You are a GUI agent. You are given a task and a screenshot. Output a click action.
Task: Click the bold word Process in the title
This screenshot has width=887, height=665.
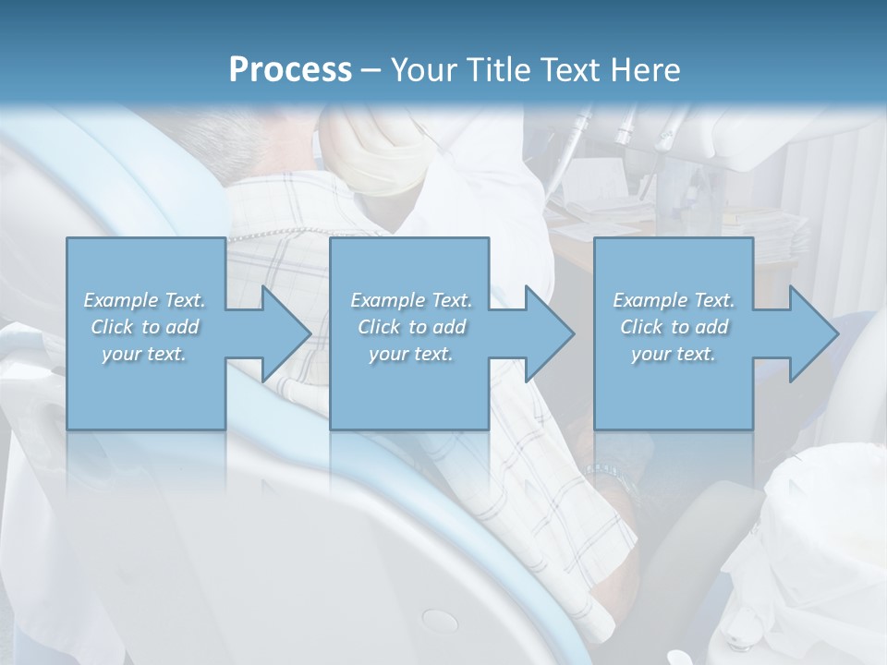click(x=290, y=69)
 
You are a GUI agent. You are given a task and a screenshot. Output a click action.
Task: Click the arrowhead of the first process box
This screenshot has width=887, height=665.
click(x=282, y=333)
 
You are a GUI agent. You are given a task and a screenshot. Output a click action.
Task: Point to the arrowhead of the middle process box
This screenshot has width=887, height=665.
click(x=545, y=333)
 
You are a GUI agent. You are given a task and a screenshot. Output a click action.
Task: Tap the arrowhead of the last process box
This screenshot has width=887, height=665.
click(x=809, y=333)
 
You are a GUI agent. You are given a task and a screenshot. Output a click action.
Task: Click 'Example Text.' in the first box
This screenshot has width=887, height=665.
click(x=144, y=300)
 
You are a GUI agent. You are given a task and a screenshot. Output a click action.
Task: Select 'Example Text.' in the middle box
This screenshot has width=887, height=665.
click(x=410, y=300)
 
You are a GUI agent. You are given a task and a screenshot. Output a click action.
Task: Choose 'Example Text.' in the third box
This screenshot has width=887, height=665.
click(x=673, y=300)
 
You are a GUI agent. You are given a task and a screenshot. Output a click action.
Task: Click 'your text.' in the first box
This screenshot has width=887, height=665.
click(x=144, y=354)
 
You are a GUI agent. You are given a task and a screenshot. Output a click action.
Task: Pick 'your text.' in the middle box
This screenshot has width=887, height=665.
click(x=410, y=354)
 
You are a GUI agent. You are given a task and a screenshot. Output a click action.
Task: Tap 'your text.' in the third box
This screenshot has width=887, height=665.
click(x=673, y=354)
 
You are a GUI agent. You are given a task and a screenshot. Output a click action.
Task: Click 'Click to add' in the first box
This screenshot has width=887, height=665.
click(x=144, y=327)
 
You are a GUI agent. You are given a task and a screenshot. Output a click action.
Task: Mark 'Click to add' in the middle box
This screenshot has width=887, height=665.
click(x=410, y=327)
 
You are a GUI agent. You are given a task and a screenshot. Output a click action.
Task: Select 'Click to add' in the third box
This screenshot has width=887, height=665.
click(x=673, y=327)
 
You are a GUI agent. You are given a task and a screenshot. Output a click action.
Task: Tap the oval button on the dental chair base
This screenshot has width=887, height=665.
click(x=439, y=620)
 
